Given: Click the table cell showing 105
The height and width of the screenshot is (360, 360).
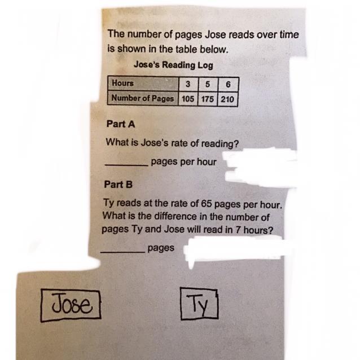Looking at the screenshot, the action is click(188, 99).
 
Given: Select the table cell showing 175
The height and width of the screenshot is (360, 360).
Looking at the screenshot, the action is click(208, 99).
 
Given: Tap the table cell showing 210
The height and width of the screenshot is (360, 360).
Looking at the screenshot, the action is click(227, 99).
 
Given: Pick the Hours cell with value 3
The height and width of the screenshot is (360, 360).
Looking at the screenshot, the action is click(188, 84).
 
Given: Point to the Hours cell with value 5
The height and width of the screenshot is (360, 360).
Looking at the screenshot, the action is click(208, 84).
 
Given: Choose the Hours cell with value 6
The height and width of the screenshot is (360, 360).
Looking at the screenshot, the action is click(228, 85).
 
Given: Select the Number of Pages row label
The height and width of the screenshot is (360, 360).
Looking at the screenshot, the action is click(143, 98).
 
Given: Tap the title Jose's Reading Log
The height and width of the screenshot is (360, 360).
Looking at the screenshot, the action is click(174, 65).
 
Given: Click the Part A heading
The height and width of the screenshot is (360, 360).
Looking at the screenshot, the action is click(121, 124).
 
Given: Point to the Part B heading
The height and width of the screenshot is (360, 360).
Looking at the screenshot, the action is click(118, 185).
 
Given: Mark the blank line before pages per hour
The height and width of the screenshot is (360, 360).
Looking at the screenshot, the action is click(126, 165).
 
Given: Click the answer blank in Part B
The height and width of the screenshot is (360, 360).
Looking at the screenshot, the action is click(123, 252).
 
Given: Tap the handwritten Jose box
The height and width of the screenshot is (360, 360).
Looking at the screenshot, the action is click(71, 305).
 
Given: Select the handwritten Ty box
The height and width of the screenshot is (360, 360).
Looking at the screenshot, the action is click(199, 304).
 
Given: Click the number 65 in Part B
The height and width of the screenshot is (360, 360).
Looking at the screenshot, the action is click(206, 204).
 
